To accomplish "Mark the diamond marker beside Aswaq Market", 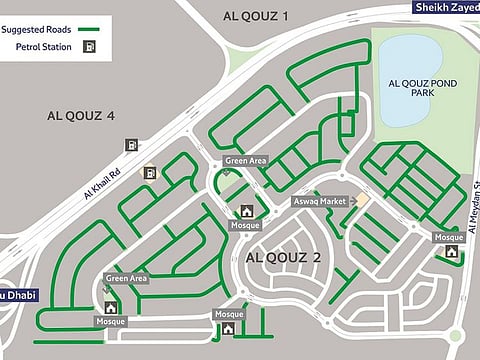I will [x=363, y=201].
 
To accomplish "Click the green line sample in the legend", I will [x=93, y=29].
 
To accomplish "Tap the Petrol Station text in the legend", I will [x=42, y=47].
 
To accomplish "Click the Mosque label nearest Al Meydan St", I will [x=446, y=237].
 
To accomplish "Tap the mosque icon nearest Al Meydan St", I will [x=452, y=251].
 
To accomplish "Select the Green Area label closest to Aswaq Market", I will [x=245, y=161].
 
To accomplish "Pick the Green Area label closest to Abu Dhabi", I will [x=127, y=278].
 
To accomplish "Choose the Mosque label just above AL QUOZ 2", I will [x=245, y=225].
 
